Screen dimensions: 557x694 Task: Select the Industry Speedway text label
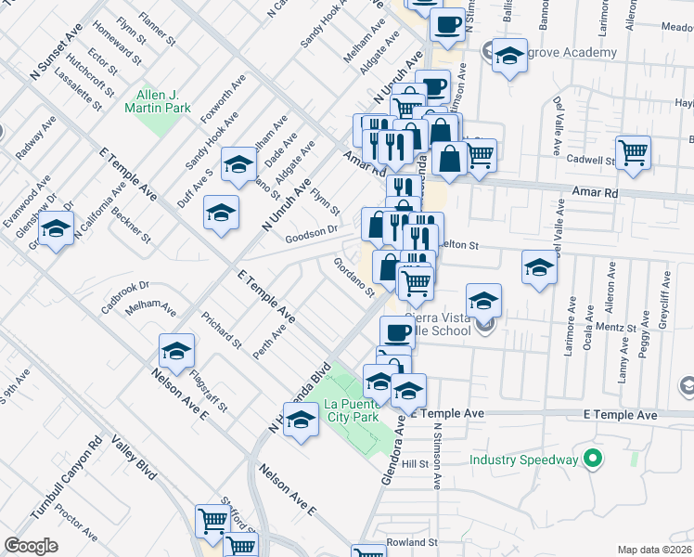pyautogui.click(x=523, y=460)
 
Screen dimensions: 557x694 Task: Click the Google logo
pyautogui.click(x=31, y=546)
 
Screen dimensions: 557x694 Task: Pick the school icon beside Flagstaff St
pyautogui.click(x=176, y=352)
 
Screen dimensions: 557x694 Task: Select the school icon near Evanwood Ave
pyautogui.click(x=56, y=229)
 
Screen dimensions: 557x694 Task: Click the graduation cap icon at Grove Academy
pyautogui.click(x=508, y=58)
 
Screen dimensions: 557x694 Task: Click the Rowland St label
pyautogui.click(x=412, y=542)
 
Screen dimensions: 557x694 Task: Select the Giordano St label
pyautogui.click(x=353, y=277)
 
